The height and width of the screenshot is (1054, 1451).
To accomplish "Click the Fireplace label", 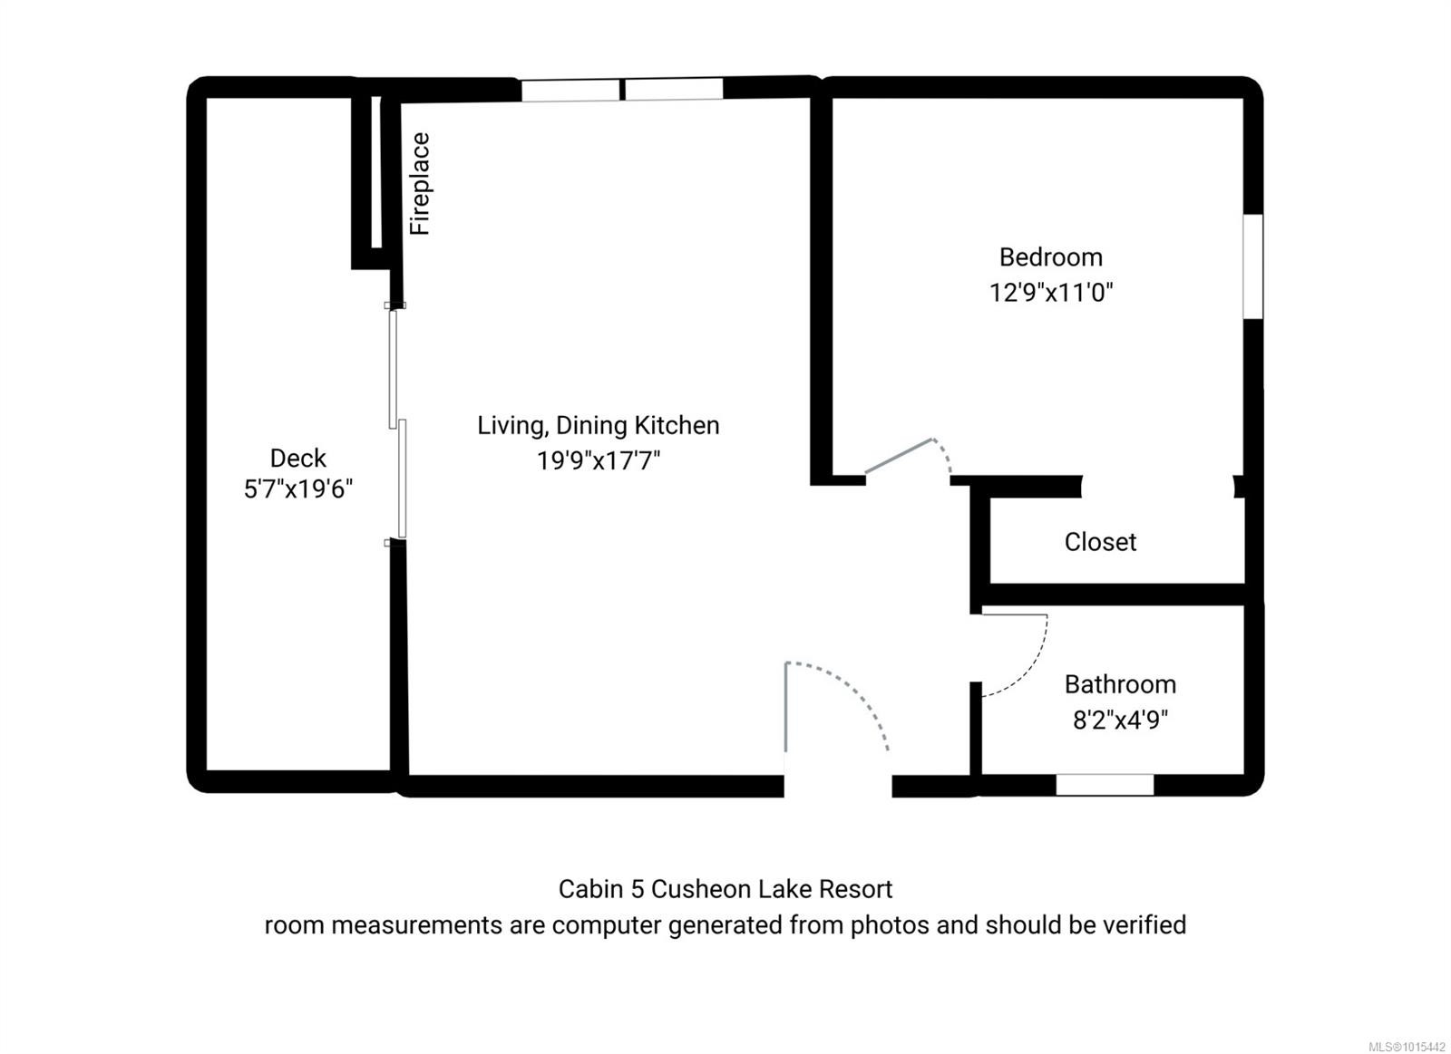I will (x=420, y=184).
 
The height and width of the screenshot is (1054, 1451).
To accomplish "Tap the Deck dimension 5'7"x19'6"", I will (x=298, y=490).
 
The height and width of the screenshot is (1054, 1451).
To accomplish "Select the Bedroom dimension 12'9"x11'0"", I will (x=1051, y=293).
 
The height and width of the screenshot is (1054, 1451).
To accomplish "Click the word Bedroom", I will (x=1051, y=257).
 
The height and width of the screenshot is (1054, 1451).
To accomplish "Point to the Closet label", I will (x=1100, y=542).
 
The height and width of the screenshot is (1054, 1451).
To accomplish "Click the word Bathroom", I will (x=1120, y=684).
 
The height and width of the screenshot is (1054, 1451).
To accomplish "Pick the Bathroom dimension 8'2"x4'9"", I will (x=1120, y=720).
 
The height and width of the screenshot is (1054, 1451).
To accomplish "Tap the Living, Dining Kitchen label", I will (x=599, y=425).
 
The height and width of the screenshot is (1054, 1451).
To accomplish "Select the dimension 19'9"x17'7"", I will (x=599, y=461).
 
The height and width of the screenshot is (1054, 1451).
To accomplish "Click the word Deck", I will (x=298, y=458).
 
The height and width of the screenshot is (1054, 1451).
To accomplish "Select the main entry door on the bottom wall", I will (x=836, y=716).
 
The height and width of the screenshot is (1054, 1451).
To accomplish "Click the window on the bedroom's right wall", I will (x=1252, y=266).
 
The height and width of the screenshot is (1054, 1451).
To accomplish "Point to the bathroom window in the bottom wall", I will (x=1105, y=785).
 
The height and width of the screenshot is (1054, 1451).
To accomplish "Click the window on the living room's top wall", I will (x=622, y=90).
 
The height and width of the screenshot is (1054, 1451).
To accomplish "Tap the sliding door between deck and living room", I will (x=397, y=424).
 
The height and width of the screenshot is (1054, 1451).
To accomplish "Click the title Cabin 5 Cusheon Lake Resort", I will (x=725, y=889).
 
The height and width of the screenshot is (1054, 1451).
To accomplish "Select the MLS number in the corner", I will (x=1407, y=1046).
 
